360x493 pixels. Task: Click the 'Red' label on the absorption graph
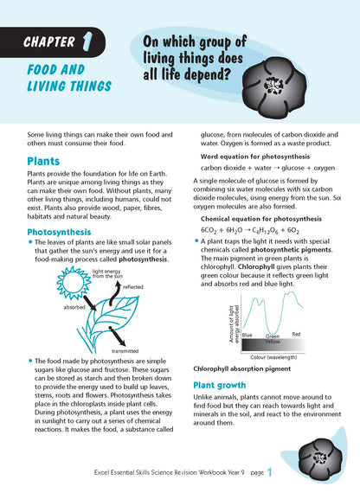coord(296,333)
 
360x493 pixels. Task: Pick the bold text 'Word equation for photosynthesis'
coord(252,156)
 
